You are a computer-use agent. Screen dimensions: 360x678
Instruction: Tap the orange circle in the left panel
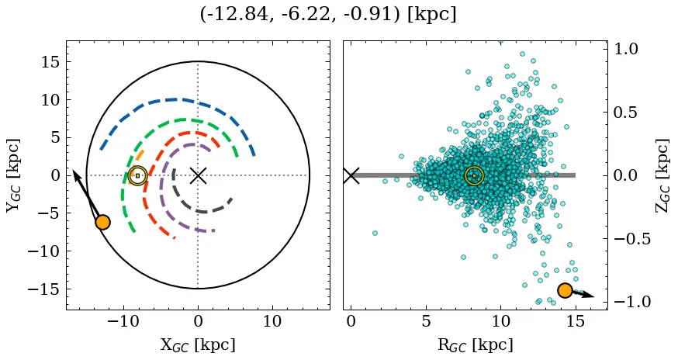click(x=102, y=222)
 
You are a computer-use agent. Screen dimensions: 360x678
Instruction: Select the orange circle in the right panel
click(x=565, y=290)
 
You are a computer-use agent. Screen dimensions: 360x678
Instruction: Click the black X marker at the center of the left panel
click(x=198, y=175)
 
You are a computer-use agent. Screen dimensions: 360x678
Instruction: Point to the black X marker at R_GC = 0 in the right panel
click(x=351, y=175)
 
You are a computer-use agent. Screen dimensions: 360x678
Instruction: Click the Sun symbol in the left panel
click(x=138, y=175)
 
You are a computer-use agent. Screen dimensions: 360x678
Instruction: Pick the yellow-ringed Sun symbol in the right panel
click(x=474, y=175)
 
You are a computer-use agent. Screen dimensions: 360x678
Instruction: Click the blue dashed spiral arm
click(x=178, y=99)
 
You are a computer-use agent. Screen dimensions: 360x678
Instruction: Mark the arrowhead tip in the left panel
click(x=74, y=171)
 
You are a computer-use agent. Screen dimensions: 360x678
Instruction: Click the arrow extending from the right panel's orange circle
click(x=583, y=294)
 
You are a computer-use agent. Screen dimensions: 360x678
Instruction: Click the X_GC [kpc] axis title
click(x=198, y=344)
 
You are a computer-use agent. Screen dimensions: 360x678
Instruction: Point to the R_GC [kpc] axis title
click(x=475, y=344)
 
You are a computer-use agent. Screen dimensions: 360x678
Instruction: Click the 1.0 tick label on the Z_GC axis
click(x=627, y=49)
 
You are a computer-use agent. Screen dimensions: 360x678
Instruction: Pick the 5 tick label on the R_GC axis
click(x=426, y=321)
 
